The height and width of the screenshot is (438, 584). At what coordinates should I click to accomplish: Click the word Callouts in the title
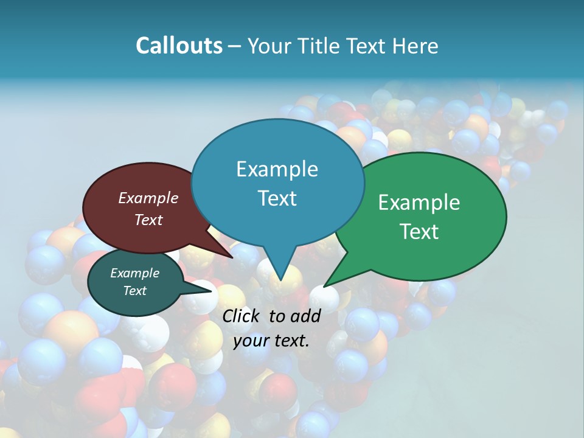coord(179,46)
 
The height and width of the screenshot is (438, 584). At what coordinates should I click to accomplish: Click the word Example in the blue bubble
coord(277,169)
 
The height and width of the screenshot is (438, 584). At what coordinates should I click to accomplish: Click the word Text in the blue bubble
coord(277,198)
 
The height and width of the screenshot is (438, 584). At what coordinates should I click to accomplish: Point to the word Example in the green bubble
coord(419,203)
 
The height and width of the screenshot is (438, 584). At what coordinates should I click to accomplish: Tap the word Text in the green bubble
coord(419,232)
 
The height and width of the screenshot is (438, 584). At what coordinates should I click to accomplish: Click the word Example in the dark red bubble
coord(148,198)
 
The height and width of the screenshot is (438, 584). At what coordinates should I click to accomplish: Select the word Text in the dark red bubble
coord(148,220)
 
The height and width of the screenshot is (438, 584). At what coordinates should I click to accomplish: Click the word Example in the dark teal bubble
coord(135,273)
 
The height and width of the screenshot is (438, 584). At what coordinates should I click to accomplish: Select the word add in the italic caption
coord(305,316)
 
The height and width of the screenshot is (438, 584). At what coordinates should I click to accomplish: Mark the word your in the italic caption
coord(251,341)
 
